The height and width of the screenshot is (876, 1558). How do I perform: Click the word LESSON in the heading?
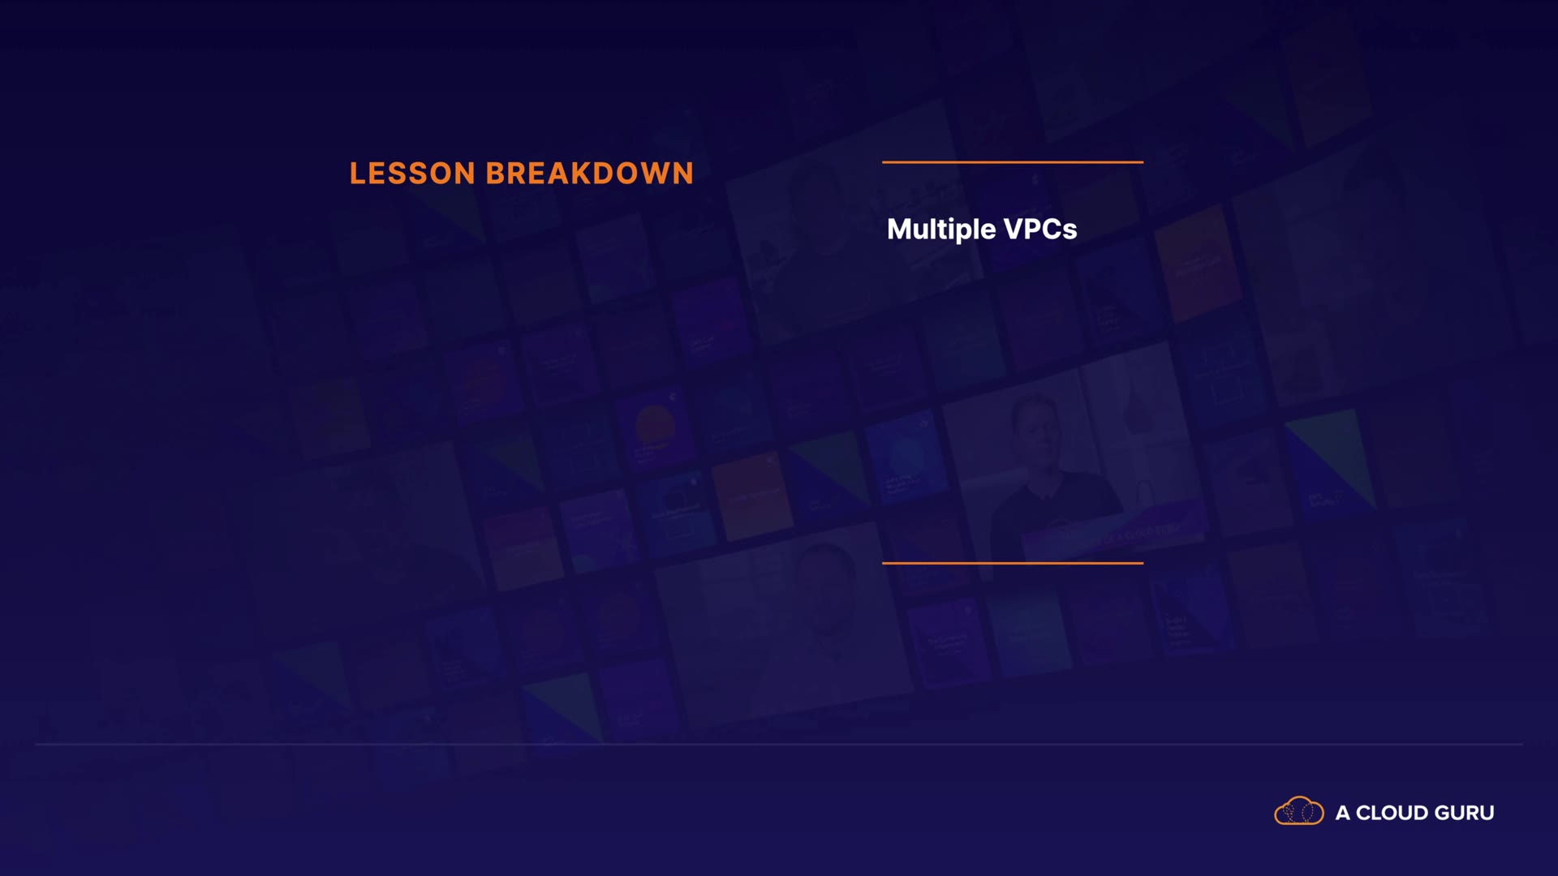(412, 174)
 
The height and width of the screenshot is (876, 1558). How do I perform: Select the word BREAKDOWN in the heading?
(590, 174)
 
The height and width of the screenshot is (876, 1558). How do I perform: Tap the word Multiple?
(941, 230)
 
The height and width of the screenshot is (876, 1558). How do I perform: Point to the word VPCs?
(1040, 230)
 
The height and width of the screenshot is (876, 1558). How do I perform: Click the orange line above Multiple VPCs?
(1013, 162)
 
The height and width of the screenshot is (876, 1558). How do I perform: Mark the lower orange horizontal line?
(1013, 563)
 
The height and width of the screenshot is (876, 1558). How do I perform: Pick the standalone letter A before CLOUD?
(1343, 813)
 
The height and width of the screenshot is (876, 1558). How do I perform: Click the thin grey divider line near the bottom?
(779, 744)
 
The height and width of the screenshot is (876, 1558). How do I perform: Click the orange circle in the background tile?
(655, 424)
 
